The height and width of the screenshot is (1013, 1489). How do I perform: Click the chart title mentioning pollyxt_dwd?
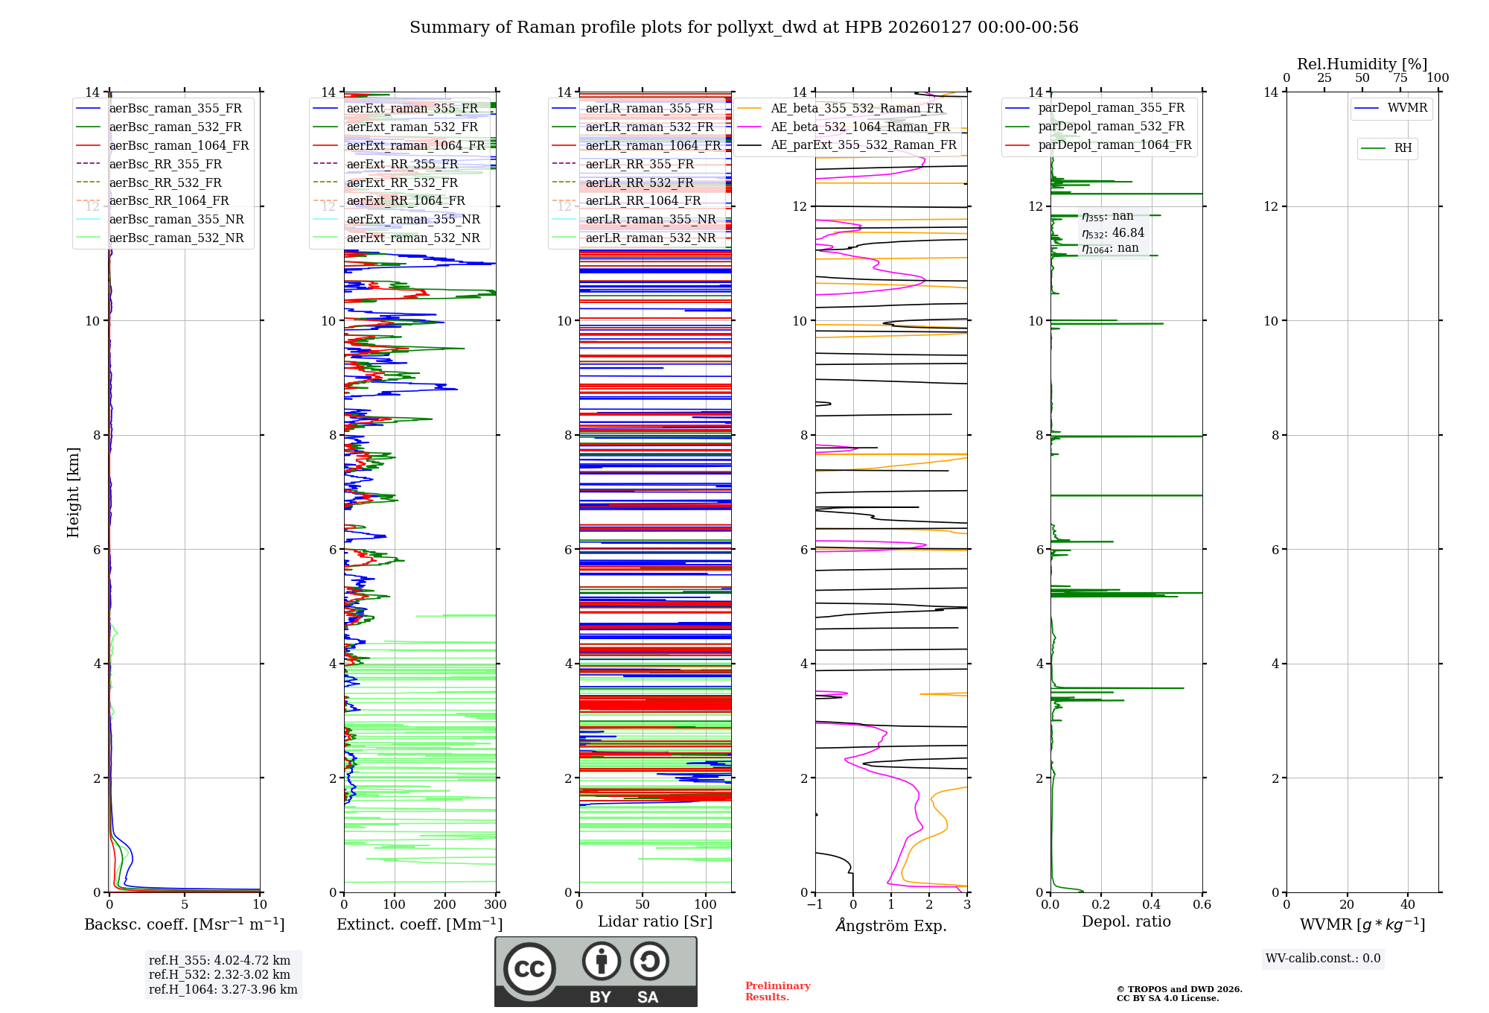(x=744, y=28)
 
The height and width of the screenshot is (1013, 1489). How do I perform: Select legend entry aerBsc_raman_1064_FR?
(x=179, y=145)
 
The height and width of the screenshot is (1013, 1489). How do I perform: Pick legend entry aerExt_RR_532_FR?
(x=402, y=182)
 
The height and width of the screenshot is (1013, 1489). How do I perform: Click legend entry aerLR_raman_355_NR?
(x=650, y=219)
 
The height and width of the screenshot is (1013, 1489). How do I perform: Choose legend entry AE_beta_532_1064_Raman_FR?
(x=860, y=127)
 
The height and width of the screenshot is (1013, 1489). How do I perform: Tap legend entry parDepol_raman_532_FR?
(x=1111, y=127)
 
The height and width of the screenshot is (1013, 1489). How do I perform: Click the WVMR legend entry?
(x=1407, y=108)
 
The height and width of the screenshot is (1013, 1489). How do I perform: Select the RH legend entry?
(x=1403, y=148)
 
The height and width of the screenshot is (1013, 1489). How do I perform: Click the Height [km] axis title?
(x=73, y=492)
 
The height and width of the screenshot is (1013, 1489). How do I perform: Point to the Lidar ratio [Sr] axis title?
(x=655, y=921)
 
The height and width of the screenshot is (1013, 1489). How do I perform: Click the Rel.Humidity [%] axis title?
(x=1362, y=64)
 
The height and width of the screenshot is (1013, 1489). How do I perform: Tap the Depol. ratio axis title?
(x=1126, y=921)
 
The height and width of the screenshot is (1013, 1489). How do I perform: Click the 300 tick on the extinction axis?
(x=496, y=905)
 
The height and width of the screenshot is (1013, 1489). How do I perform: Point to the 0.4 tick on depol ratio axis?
(x=1152, y=905)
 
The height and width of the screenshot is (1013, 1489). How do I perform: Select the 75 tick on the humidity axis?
(x=1400, y=78)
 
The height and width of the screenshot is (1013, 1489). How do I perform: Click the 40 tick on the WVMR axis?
(x=1408, y=905)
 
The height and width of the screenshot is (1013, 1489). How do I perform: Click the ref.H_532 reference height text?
(x=220, y=974)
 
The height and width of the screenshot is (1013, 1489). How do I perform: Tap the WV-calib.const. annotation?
(x=1323, y=959)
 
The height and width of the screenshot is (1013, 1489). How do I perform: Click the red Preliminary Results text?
(x=777, y=991)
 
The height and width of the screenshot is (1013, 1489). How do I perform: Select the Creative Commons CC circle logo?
(x=529, y=969)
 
